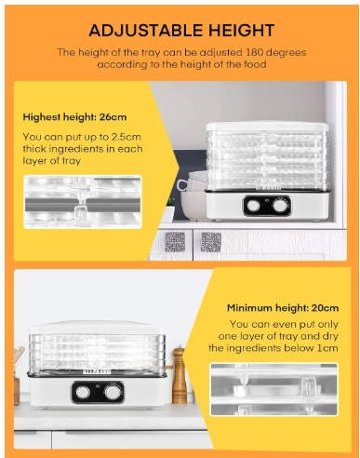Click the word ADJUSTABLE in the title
tap(145, 31)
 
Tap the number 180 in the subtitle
tap(254, 52)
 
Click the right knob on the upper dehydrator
tap(280, 206)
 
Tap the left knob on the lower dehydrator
tap(83, 393)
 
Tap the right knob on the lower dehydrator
tap(111, 393)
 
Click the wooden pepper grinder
tap(179, 374)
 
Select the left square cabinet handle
tap(175, 242)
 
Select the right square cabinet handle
tap(211, 242)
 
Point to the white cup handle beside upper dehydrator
tap(182, 185)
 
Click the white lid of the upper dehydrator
tap(267, 126)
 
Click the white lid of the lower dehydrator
tap(96, 328)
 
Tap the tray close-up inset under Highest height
tap(83, 202)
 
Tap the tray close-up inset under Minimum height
tap(274, 389)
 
